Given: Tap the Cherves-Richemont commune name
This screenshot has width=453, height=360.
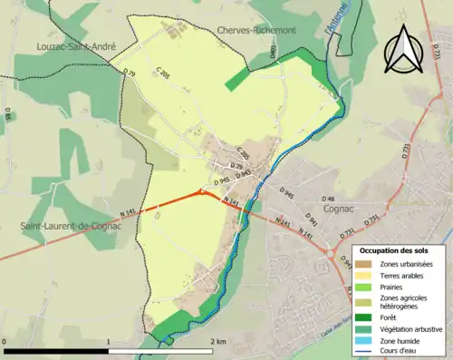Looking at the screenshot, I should [x=257, y=30].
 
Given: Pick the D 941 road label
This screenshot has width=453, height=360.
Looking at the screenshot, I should [x=313, y=219].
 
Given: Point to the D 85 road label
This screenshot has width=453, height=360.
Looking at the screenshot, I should [x=8, y=116].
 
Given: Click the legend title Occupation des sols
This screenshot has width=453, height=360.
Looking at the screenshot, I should [x=394, y=250].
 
